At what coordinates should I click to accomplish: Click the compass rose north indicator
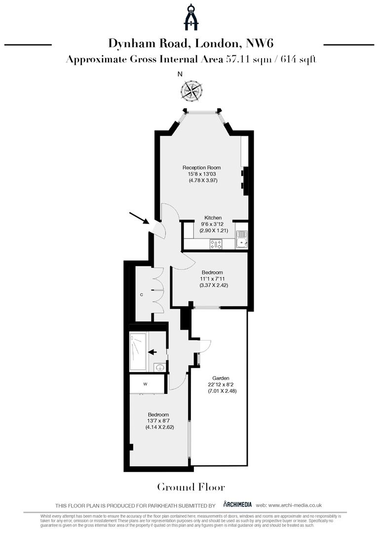pyautogui.click(x=191, y=90)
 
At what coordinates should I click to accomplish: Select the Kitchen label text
pyautogui.click(x=213, y=218)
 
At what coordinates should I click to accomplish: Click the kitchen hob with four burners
pyautogui.click(x=216, y=243)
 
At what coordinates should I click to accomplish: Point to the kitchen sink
pyautogui.click(x=241, y=241)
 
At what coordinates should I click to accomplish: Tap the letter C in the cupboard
pyautogui.click(x=142, y=295)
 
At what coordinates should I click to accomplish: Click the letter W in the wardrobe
pyautogui.click(x=146, y=383)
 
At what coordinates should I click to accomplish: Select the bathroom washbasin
pyautogui.click(x=159, y=367)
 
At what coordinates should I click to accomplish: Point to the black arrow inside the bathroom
pyautogui.click(x=152, y=352)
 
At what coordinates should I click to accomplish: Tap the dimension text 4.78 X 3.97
pyautogui.click(x=203, y=181)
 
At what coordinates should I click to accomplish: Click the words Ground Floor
pyautogui.click(x=191, y=488)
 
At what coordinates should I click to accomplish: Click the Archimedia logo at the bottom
pyautogui.click(x=237, y=504)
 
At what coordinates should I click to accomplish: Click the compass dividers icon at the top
pyautogui.click(x=191, y=17)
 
